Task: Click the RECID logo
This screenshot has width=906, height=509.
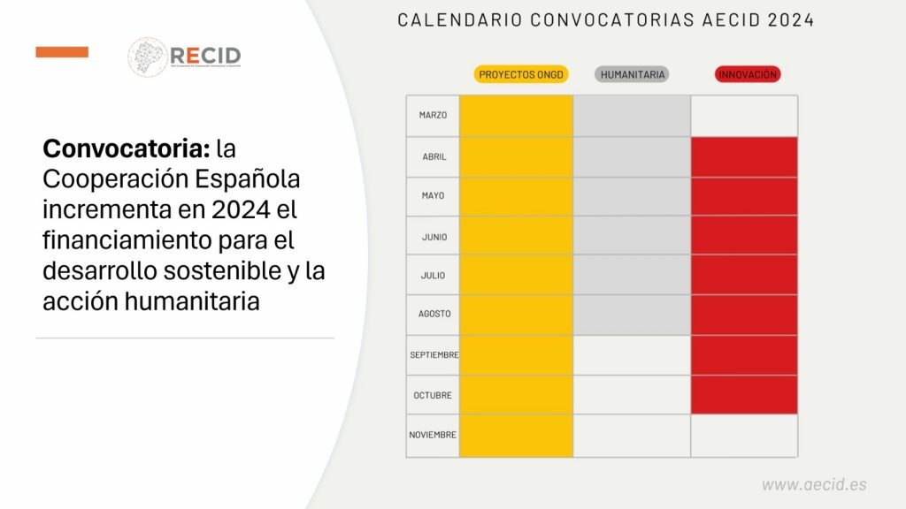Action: [184, 56]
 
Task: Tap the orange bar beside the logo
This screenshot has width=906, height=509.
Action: [62, 52]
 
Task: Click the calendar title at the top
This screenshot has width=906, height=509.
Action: [606, 19]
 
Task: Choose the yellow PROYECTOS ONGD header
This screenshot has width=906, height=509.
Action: [521, 75]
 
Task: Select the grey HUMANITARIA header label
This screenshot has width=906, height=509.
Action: [633, 75]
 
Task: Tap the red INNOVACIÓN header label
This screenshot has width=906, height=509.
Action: [747, 75]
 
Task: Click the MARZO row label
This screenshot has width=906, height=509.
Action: [433, 115]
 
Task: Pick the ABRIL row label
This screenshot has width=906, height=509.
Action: [434, 156]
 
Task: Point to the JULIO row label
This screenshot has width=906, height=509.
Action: [433, 275]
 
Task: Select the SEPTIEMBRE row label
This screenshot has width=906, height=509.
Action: [434, 355]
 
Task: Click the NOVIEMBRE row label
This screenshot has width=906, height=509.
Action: [433, 435]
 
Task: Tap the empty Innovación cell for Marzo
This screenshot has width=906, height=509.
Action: [743, 116]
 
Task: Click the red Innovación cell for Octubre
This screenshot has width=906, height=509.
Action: [743, 394]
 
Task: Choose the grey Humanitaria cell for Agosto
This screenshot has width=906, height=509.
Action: [632, 315]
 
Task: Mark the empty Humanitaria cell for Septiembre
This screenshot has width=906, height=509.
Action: [632, 355]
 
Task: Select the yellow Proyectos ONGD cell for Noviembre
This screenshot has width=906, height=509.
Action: [517, 436]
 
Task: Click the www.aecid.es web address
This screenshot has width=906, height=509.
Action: [814, 484]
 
